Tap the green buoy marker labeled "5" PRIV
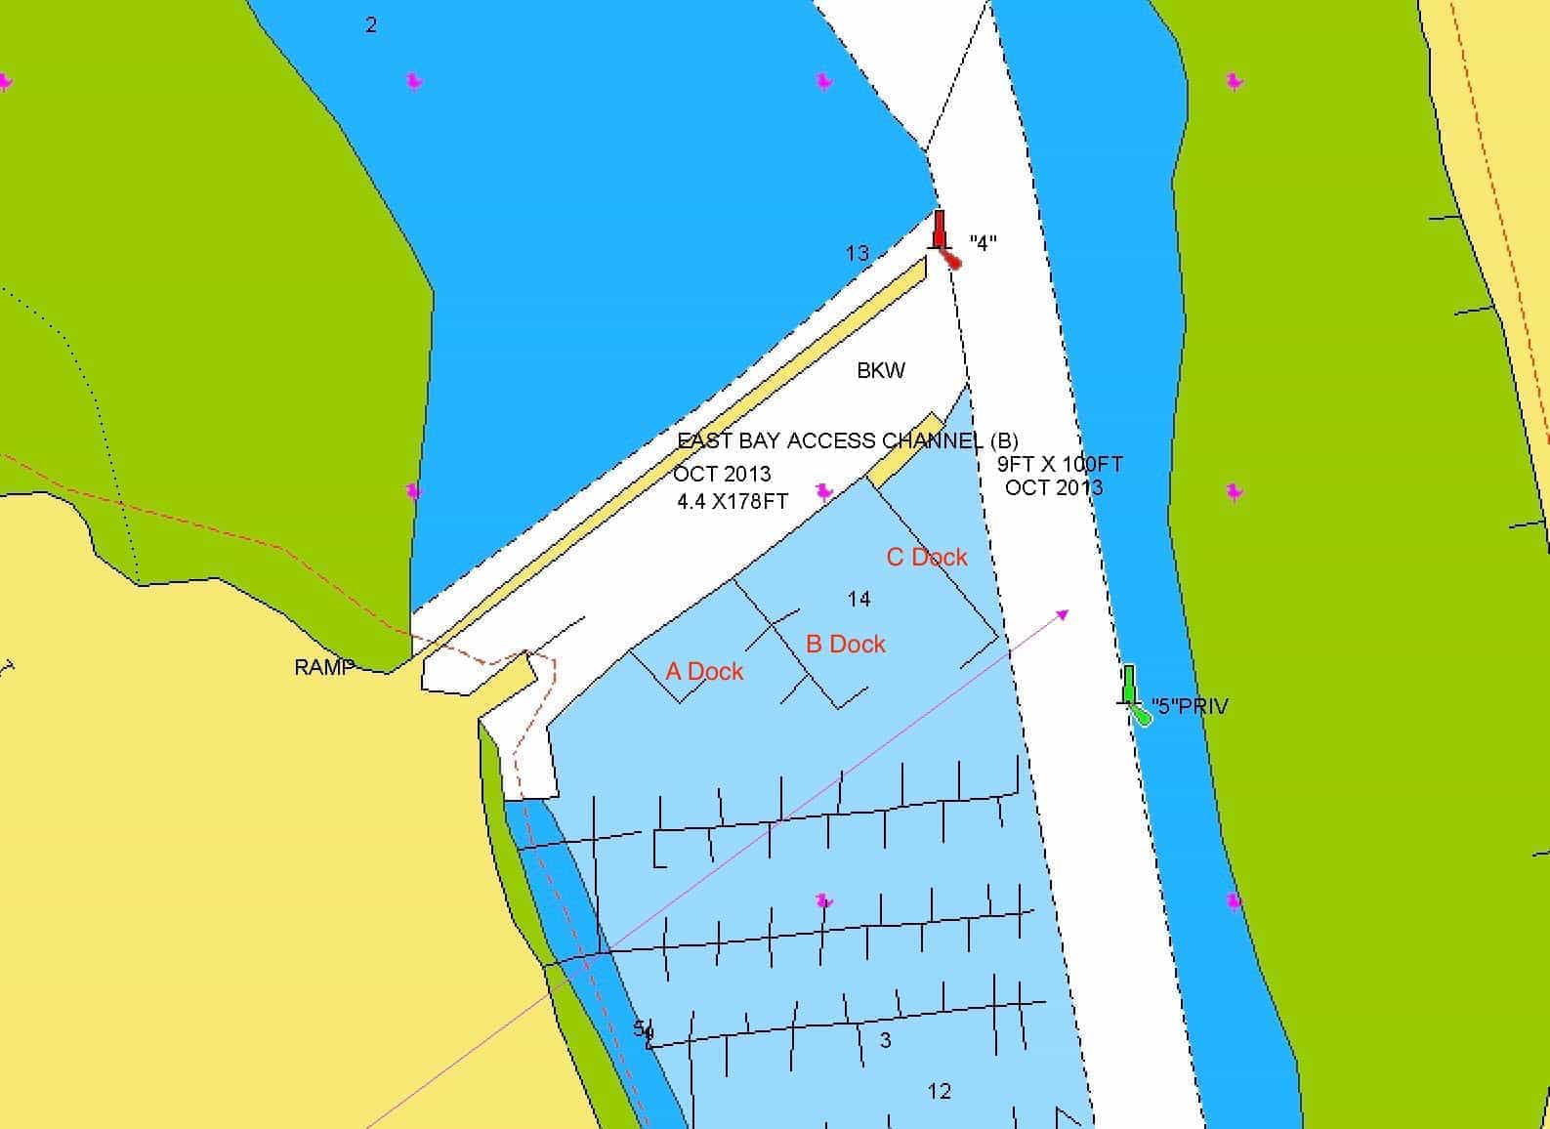pyautogui.click(x=1132, y=695)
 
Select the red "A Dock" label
pyautogui.click(x=704, y=671)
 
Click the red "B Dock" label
pyautogui.click(x=846, y=644)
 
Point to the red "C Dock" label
pyautogui.click(x=927, y=557)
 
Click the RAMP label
pyautogui.click(x=323, y=667)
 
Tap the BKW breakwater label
pyautogui.click(x=881, y=370)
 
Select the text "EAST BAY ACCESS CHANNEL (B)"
pyautogui.click(x=848, y=440)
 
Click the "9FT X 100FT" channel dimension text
pyautogui.click(x=1060, y=464)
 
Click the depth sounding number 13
pyautogui.click(x=857, y=254)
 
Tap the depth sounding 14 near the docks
pyautogui.click(x=859, y=599)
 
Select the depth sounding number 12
pyautogui.click(x=940, y=1091)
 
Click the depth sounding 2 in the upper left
pyautogui.click(x=371, y=25)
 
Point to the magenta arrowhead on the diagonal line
pyautogui.click(x=1063, y=614)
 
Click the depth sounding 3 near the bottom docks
pyautogui.click(x=886, y=1040)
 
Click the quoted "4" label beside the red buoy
pyautogui.click(x=983, y=243)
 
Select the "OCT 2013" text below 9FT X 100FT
pyautogui.click(x=1054, y=487)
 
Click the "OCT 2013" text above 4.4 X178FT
pyautogui.click(x=722, y=475)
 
